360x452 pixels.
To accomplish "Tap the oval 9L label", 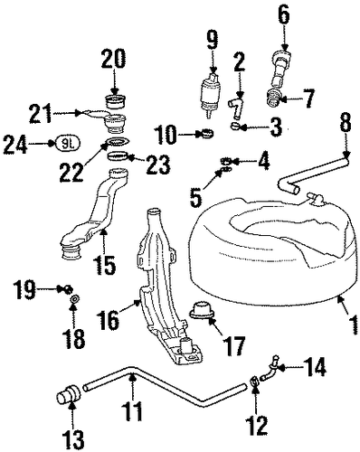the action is pos(67,144).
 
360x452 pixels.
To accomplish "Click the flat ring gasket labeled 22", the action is pos(118,141).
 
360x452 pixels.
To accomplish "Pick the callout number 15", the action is pos(104,264).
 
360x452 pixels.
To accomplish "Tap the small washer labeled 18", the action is pos(74,299).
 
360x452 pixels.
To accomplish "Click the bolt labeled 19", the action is pos(68,289).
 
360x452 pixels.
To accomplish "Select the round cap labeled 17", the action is pos(202,310).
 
